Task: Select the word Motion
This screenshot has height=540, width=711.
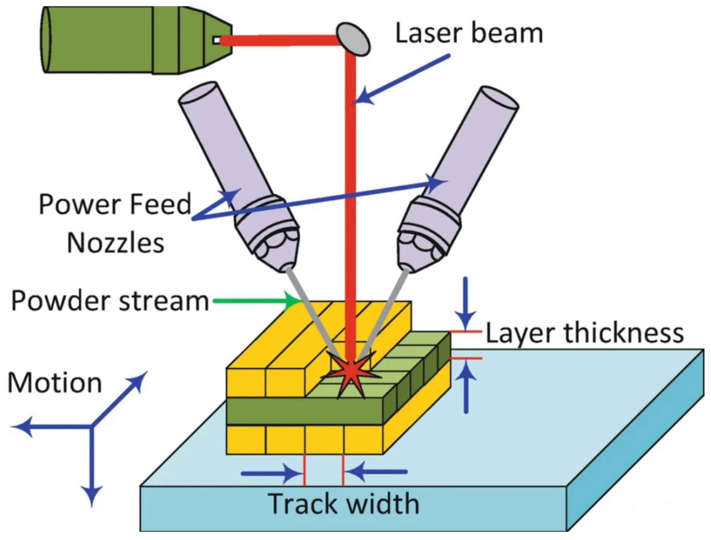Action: pyautogui.click(x=54, y=383)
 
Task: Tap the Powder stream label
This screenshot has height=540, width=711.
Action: pyautogui.click(x=110, y=301)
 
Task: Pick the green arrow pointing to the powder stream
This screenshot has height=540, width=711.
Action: pyautogui.click(x=256, y=301)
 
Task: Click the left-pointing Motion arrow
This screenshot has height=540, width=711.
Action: pyautogui.click(x=49, y=426)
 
